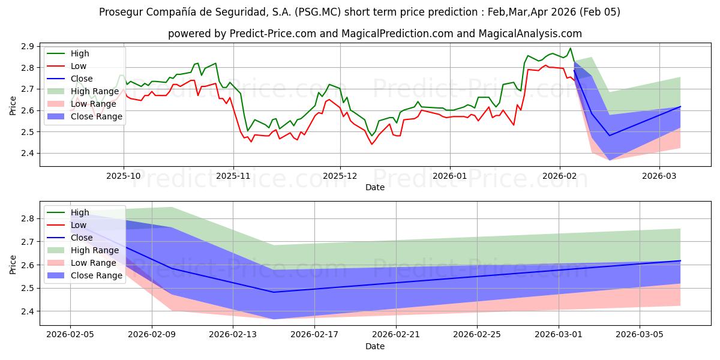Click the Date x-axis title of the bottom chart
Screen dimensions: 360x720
pyautogui.click(x=375, y=346)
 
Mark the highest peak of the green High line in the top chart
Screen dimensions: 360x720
pyautogui.click(x=570, y=49)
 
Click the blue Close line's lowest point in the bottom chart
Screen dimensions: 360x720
pyautogui.click(x=274, y=292)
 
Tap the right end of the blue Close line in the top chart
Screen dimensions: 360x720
pyautogui.click(x=680, y=107)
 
